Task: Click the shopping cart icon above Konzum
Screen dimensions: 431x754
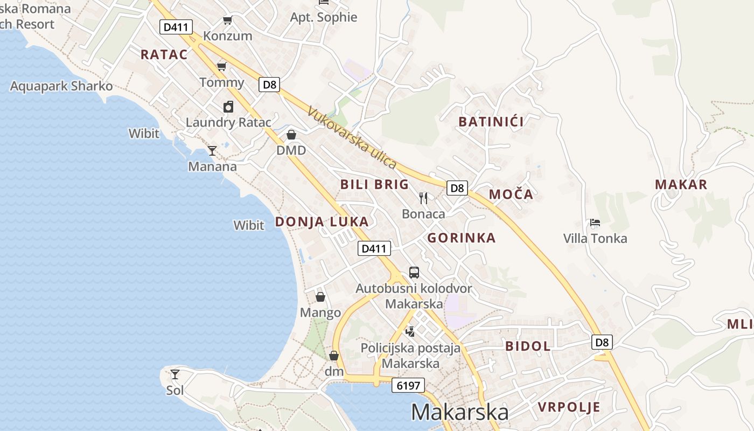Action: (228, 20)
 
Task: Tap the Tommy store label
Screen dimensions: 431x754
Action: (222, 82)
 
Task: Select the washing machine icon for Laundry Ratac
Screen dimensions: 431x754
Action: (228, 107)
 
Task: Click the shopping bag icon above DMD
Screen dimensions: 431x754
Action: (291, 135)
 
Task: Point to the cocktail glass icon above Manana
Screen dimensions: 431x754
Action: (212, 151)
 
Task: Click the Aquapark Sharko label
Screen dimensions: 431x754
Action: (61, 86)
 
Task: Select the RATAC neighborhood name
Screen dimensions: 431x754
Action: (164, 54)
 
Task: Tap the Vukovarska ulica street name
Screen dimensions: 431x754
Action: (352, 138)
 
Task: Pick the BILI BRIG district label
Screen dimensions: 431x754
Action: (375, 185)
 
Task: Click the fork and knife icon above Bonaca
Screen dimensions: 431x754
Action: (423, 198)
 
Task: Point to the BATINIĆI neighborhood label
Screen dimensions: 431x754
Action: (491, 122)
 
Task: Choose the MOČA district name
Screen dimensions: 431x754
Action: (511, 194)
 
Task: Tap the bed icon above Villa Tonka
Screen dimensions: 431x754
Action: (595, 222)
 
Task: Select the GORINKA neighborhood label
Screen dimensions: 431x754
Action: (462, 238)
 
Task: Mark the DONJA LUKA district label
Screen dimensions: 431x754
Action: (322, 222)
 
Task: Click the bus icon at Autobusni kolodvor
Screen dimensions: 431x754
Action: (414, 273)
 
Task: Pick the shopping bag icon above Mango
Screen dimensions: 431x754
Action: (320, 297)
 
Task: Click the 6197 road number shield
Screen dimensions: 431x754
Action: (408, 385)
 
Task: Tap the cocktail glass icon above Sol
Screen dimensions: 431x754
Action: (175, 374)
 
